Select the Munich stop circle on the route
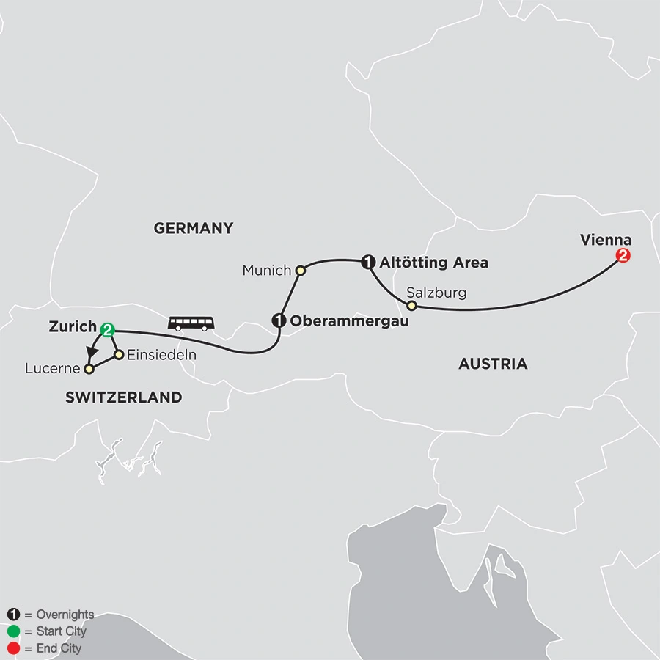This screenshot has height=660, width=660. tap(300, 271)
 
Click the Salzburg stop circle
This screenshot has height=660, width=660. tap(411, 305)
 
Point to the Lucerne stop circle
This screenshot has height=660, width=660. tap(89, 368)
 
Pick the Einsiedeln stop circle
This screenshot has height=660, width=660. tap(119, 355)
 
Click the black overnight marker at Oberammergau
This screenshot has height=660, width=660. tap(279, 320)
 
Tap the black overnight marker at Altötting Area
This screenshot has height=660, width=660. tap(368, 260)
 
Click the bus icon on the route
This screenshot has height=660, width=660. tap(192, 323)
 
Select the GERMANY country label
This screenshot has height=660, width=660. tap(193, 228)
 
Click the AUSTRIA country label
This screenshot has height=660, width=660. tap(492, 364)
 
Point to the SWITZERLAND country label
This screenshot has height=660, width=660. tap(123, 397)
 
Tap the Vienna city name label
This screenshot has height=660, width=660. tap(605, 239)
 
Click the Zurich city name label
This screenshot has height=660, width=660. tap(73, 327)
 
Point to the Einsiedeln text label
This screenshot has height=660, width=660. tap(162, 355)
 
